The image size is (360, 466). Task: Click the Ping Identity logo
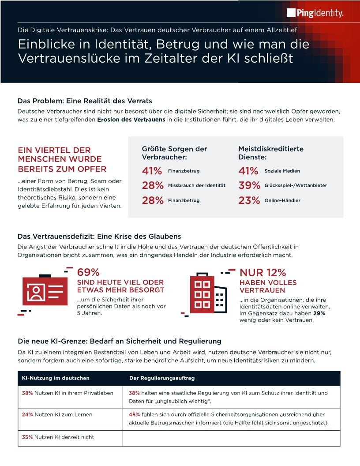(x=315, y=13)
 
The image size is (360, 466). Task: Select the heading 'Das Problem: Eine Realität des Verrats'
(x=85, y=101)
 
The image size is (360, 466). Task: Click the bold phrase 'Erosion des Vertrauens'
(x=131, y=120)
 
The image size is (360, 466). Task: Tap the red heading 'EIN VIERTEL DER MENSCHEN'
(x=62, y=159)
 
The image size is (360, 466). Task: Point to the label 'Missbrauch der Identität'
(x=196, y=185)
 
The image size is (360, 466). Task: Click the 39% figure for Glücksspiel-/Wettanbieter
(x=249, y=186)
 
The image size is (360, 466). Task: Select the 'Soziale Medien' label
(x=282, y=171)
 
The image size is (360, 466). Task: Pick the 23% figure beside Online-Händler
(x=249, y=201)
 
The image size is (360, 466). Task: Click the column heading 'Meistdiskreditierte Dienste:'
(x=270, y=153)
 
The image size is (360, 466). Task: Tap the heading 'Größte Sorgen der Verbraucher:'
(x=174, y=153)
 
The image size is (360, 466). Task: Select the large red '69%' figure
(x=88, y=273)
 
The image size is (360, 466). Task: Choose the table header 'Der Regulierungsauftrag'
(x=162, y=378)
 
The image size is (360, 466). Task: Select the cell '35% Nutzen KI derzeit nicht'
(x=58, y=437)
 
